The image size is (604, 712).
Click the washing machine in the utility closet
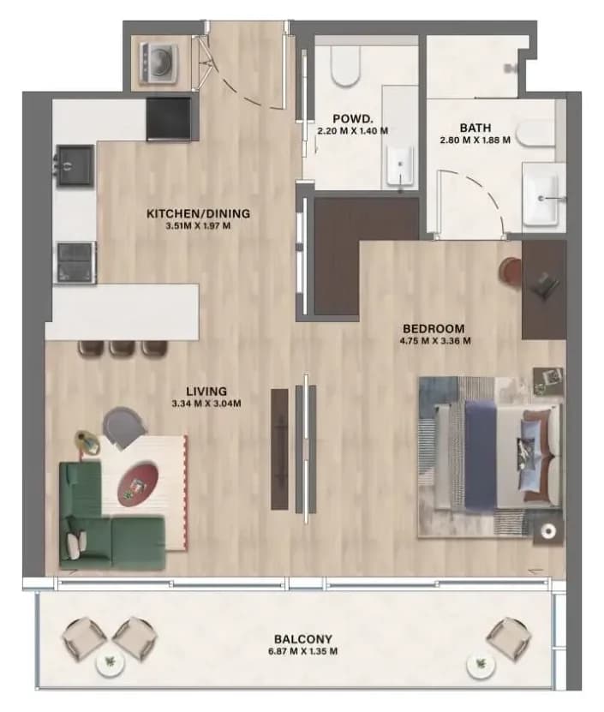pos(158,63)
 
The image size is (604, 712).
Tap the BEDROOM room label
pos(434,328)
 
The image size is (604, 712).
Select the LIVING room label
pos(206,391)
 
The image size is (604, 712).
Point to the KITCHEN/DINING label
pos(198,213)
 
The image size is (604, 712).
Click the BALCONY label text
pos(303,639)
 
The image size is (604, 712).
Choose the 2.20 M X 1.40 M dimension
pos(353,131)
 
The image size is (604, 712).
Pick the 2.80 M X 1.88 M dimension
pos(475,140)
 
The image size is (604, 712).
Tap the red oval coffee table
pos(138,483)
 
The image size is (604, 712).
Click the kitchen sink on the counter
pos(76,165)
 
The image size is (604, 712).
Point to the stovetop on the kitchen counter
pos(76,262)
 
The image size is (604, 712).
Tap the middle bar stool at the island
pos(123,347)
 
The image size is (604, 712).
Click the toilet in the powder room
pos(345,66)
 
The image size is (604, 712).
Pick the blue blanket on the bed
pos(481,456)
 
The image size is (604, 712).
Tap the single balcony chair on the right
pos(509,636)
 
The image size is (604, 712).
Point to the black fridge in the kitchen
pos(169,119)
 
